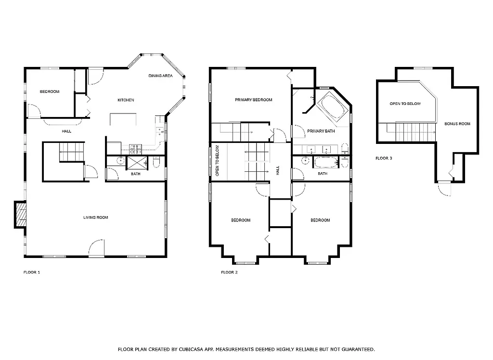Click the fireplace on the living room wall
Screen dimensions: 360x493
(x=20, y=214)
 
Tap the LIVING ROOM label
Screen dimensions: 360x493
(x=95, y=218)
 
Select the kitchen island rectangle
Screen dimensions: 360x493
(x=122, y=119)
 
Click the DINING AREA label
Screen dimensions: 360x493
(x=160, y=76)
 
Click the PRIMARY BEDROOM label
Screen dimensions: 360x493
(x=253, y=100)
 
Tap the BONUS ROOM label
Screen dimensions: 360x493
(x=457, y=124)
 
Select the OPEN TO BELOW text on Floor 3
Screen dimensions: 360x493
(x=405, y=104)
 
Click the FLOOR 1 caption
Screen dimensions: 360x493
(x=32, y=272)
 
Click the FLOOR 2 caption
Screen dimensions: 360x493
(x=229, y=272)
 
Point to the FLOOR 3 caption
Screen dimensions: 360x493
(x=384, y=158)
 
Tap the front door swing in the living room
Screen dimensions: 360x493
(x=96, y=247)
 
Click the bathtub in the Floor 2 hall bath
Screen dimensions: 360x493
(x=327, y=162)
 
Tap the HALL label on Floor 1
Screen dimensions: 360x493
(x=66, y=131)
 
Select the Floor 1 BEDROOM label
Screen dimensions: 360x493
(x=49, y=91)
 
